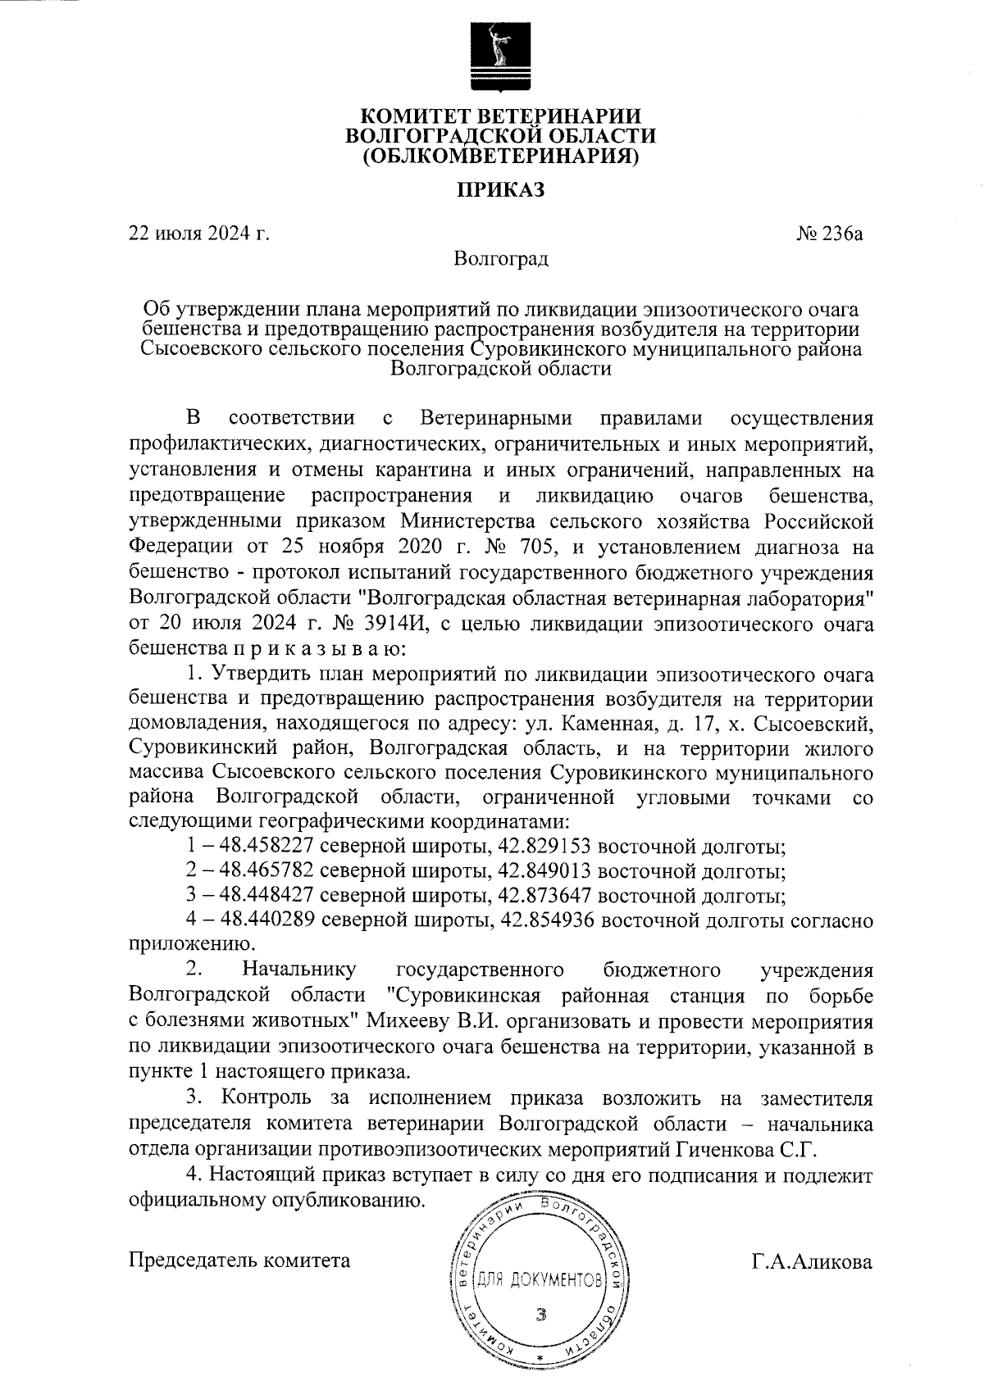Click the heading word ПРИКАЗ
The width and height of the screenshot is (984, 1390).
[500, 190]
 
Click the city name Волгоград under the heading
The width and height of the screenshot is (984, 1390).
[501, 260]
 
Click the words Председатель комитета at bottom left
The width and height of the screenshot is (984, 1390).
[239, 1260]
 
